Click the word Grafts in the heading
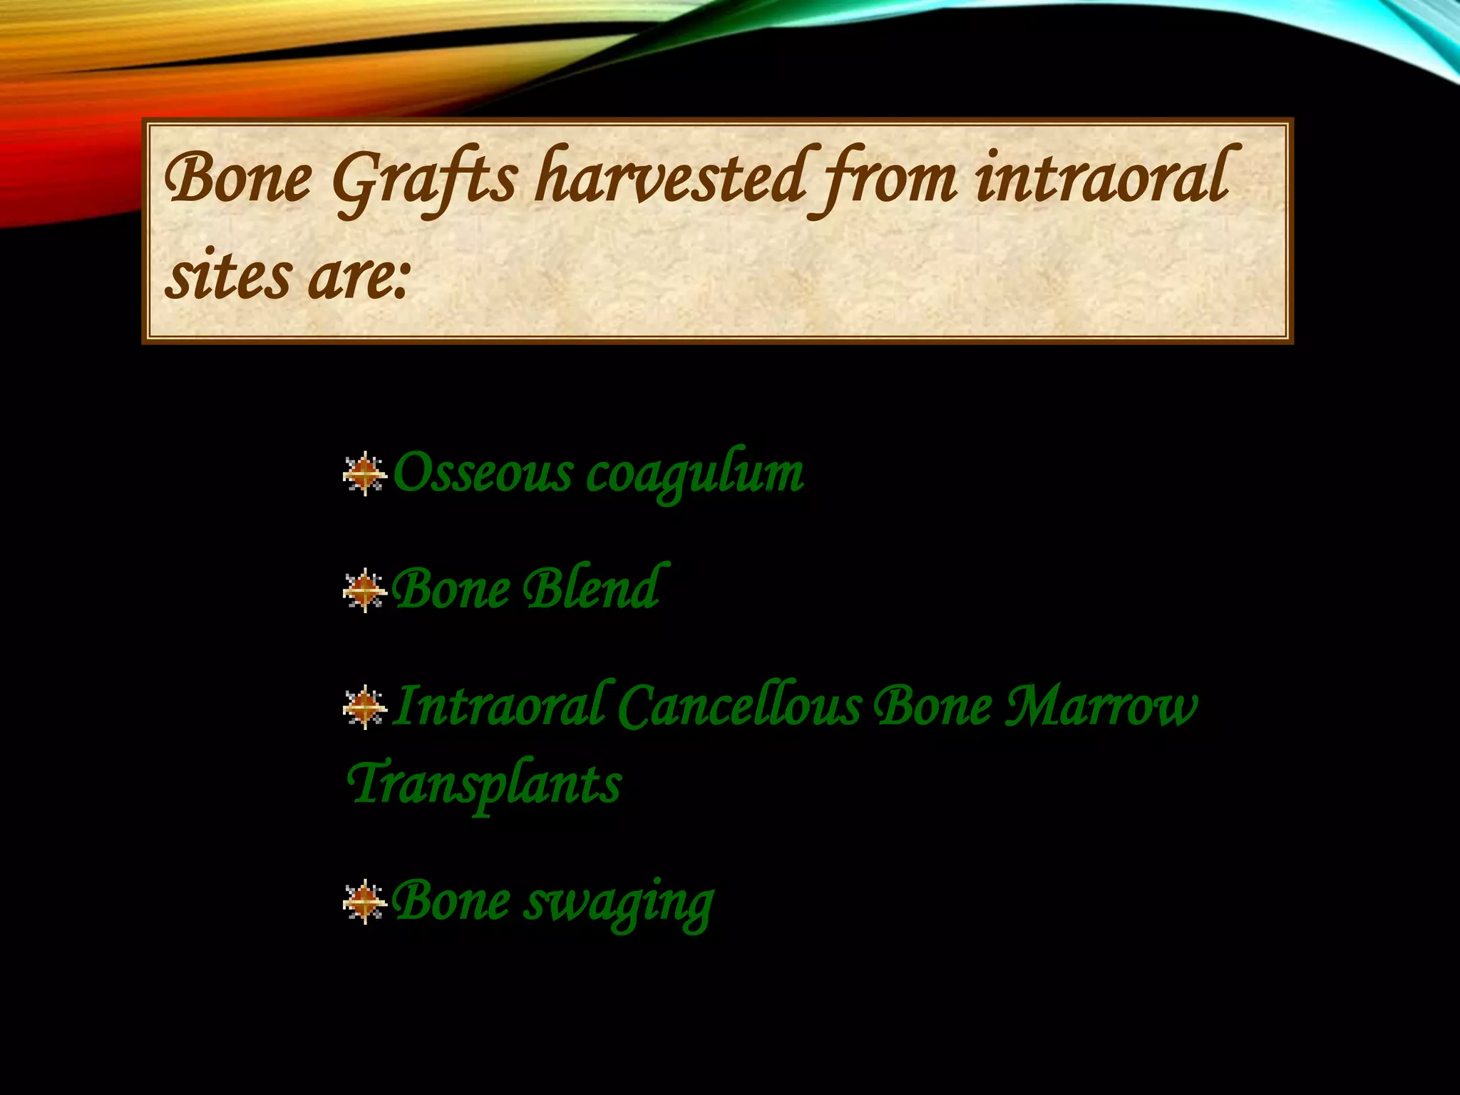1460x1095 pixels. (x=423, y=180)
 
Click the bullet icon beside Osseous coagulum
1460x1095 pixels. (x=364, y=473)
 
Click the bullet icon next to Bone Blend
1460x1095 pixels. (x=364, y=590)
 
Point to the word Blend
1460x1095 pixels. (x=592, y=588)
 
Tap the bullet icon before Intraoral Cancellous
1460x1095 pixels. (x=364, y=706)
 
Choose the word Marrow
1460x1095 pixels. (x=1101, y=706)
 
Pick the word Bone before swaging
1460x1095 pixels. (x=451, y=900)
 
